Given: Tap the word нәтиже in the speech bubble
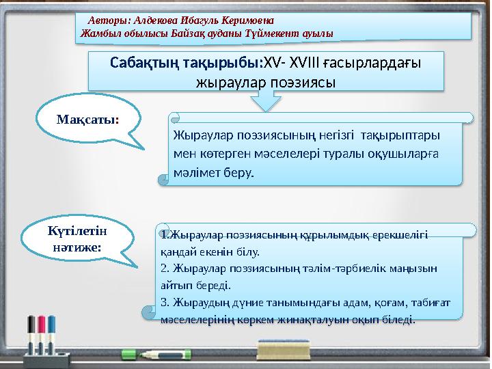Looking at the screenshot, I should [76, 244].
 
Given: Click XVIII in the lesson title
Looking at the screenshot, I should [297, 63].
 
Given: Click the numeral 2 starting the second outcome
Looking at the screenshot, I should [164, 267].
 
